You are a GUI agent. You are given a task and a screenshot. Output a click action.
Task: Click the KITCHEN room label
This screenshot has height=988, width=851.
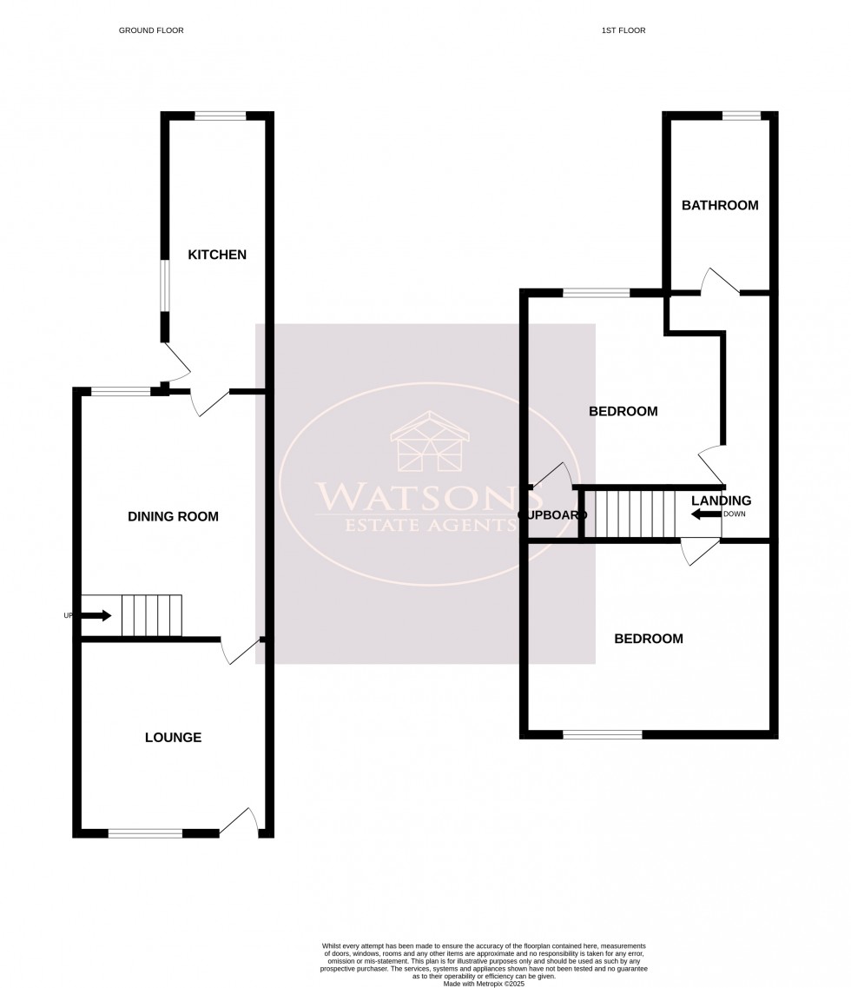click(x=217, y=255)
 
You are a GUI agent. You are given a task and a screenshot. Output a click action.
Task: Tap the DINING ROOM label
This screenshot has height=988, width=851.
click(x=173, y=516)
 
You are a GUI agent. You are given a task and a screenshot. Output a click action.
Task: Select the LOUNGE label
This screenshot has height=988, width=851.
click(x=173, y=738)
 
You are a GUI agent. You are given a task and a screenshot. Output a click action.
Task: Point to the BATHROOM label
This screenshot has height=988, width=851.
click(x=720, y=206)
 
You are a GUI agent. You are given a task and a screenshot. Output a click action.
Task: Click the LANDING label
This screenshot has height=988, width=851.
click(x=721, y=501)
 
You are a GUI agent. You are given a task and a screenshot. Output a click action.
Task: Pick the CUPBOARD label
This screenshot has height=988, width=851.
click(x=547, y=515)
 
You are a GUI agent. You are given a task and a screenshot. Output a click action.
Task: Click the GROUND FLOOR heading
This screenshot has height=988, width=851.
click(x=151, y=30)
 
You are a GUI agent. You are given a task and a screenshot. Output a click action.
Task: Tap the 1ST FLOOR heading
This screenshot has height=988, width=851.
click(x=623, y=30)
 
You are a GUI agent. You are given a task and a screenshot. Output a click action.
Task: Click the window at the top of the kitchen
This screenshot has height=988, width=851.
click(x=220, y=116)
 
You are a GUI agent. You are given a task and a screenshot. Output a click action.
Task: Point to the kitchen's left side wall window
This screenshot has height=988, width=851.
click(x=164, y=286)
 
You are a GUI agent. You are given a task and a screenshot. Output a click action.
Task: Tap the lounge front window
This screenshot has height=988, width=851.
click(x=146, y=833)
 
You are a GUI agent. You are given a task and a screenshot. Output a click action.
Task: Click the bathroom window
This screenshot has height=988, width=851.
click(x=742, y=116)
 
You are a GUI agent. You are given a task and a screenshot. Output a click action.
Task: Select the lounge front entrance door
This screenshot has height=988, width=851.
click(x=240, y=822)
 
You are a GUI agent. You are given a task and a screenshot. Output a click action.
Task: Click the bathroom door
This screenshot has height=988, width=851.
click(x=720, y=282)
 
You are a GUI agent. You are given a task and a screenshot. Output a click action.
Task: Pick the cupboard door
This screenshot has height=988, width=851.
click(x=551, y=475)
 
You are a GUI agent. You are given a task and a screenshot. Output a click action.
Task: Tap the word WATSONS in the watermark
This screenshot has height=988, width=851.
click(x=417, y=496)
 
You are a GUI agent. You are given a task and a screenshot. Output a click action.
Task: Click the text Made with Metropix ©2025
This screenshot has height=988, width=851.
click(x=485, y=984)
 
